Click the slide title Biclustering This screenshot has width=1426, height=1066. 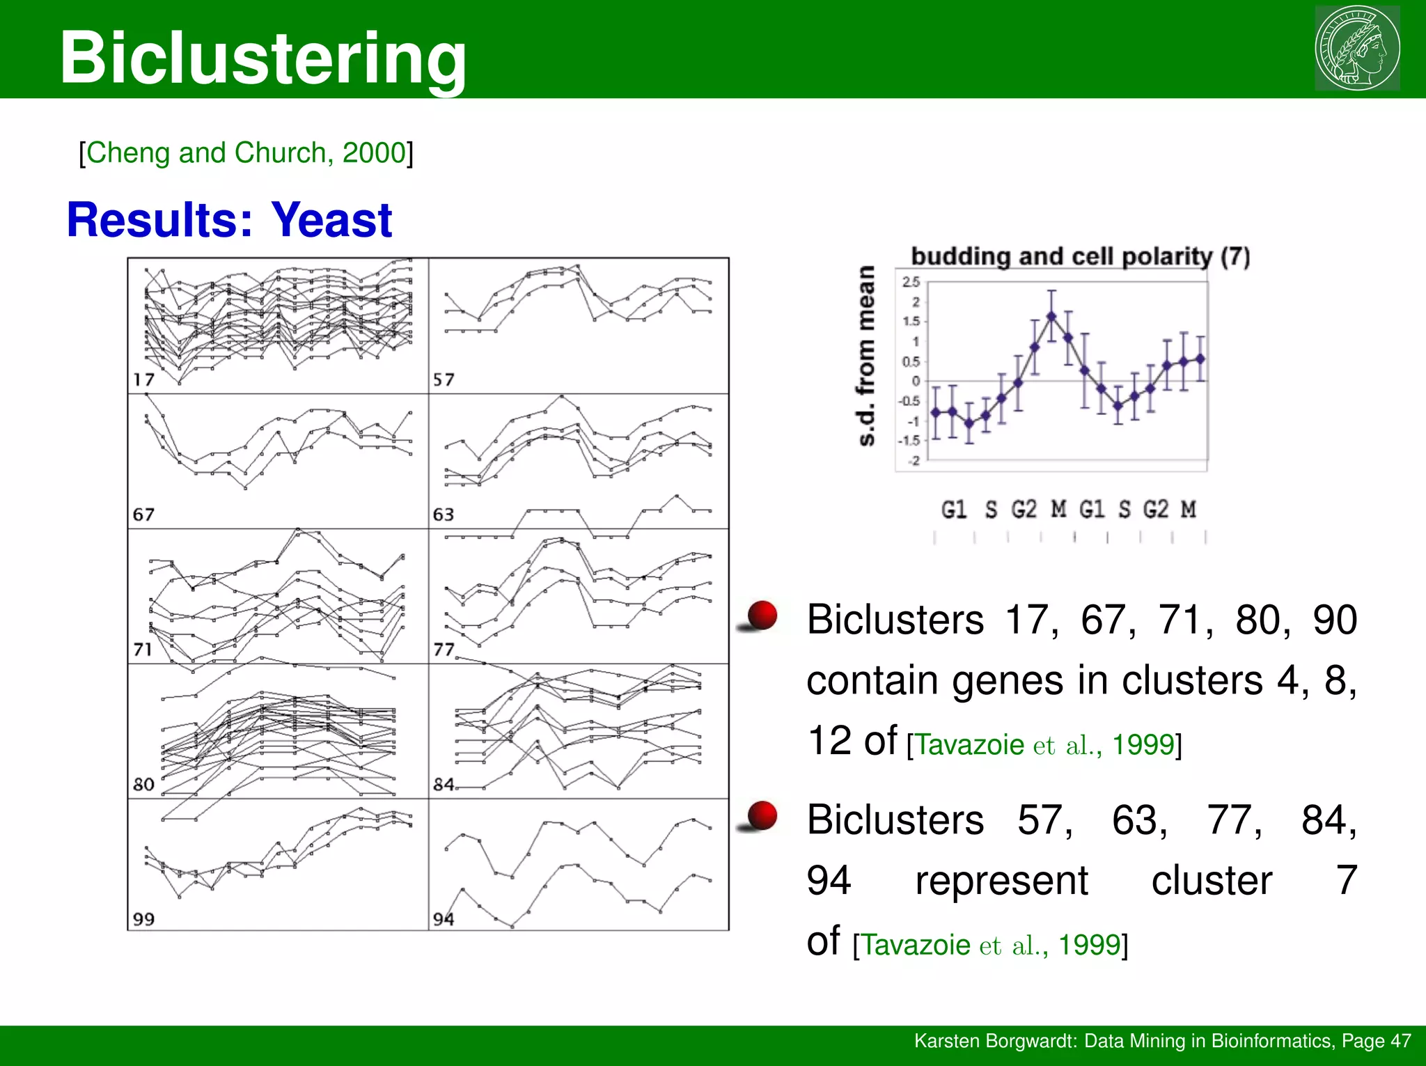click(263, 58)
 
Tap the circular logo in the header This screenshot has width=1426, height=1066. click(1357, 48)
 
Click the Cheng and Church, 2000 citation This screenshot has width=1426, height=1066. click(246, 152)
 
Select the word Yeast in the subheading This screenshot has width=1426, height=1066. click(331, 220)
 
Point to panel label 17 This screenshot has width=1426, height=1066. click(144, 379)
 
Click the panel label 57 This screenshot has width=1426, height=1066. click(444, 379)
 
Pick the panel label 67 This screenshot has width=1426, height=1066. click(143, 515)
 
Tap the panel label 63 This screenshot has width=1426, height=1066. click(444, 515)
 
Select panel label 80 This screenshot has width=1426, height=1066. click(143, 784)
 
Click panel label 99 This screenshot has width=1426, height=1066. click(143, 919)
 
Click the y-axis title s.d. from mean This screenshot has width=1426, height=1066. click(865, 356)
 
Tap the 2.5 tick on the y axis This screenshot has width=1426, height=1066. click(911, 282)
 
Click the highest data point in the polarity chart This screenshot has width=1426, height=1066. click(1051, 316)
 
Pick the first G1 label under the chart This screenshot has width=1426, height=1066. click(954, 509)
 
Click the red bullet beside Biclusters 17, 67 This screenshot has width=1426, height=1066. click(762, 616)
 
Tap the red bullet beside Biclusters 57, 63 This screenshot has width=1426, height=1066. click(762, 815)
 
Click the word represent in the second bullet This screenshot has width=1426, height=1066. click(1001, 880)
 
